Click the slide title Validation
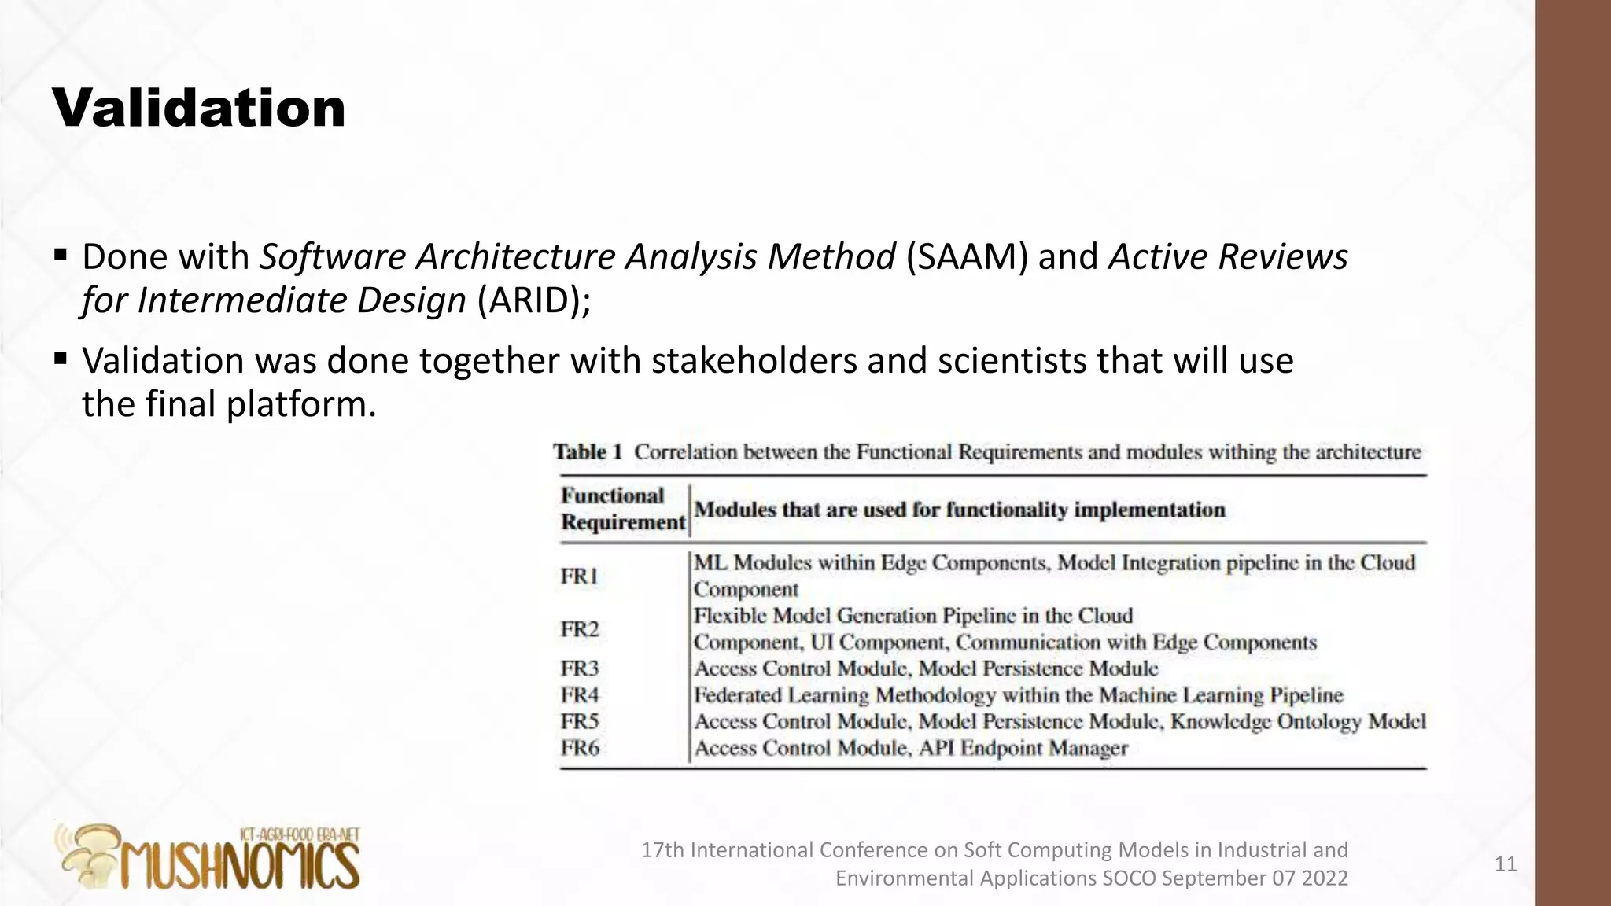(x=199, y=108)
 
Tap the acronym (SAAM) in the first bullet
(x=967, y=257)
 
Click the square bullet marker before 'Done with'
(x=61, y=255)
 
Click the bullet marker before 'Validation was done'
(x=61, y=359)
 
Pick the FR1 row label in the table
(x=580, y=576)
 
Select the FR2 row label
(x=580, y=629)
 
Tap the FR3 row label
(x=580, y=668)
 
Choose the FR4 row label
(x=580, y=695)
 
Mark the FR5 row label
(x=580, y=721)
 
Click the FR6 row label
(x=580, y=748)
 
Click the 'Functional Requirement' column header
(x=623, y=509)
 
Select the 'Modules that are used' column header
(x=959, y=510)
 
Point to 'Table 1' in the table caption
(x=588, y=452)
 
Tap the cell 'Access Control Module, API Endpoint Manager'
(x=910, y=748)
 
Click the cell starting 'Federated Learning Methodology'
(x=1018, y=695)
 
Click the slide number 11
(x=1505, y=864)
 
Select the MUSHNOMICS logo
(x=209, y=859)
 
